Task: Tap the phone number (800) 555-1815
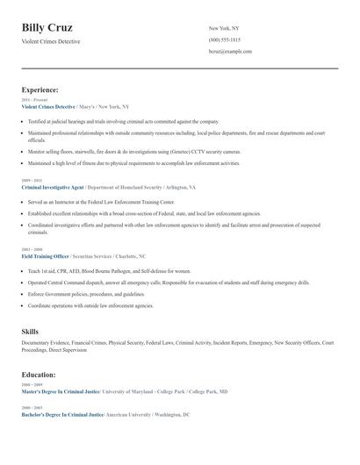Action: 224,40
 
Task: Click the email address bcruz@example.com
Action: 230,52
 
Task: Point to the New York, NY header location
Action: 224,29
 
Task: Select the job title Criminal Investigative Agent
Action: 53,188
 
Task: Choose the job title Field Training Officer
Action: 45,256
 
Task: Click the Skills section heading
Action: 30,332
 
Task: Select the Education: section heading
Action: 40,375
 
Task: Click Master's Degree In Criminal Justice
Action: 61,391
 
